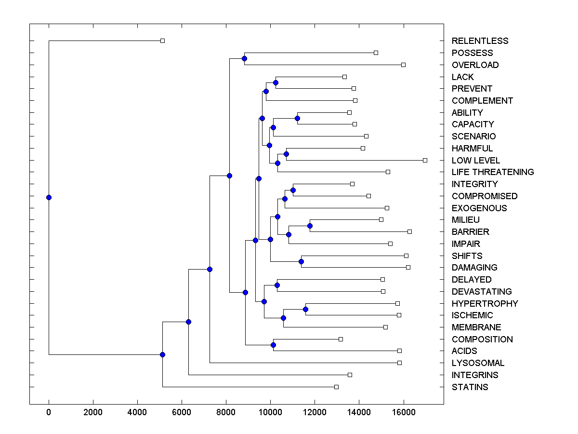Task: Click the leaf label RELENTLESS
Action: pos(480,41)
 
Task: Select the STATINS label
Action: pos(470,387)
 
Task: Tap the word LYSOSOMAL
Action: pos(478,363)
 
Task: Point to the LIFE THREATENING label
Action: pos(493,172)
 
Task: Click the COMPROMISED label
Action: pos(485,196)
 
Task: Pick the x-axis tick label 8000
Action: pos(226,412)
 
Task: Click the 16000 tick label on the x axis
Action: pos(403,412)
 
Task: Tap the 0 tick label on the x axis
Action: pos(49,412)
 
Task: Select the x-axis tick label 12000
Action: pos(315,412)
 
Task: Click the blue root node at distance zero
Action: pos(49,197)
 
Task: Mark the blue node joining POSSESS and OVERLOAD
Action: pos(244,58)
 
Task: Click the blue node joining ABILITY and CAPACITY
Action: pos(297,118)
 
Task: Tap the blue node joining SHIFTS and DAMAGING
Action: pos(301,261)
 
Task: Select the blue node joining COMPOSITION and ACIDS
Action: pos(273,345)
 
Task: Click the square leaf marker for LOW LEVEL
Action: pos(425,160)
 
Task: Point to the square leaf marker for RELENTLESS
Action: pos(162,41)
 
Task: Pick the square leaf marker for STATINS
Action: pos(336,387)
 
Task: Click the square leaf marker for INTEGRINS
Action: pos(350,375)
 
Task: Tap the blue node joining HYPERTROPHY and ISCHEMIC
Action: pos(305,309)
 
